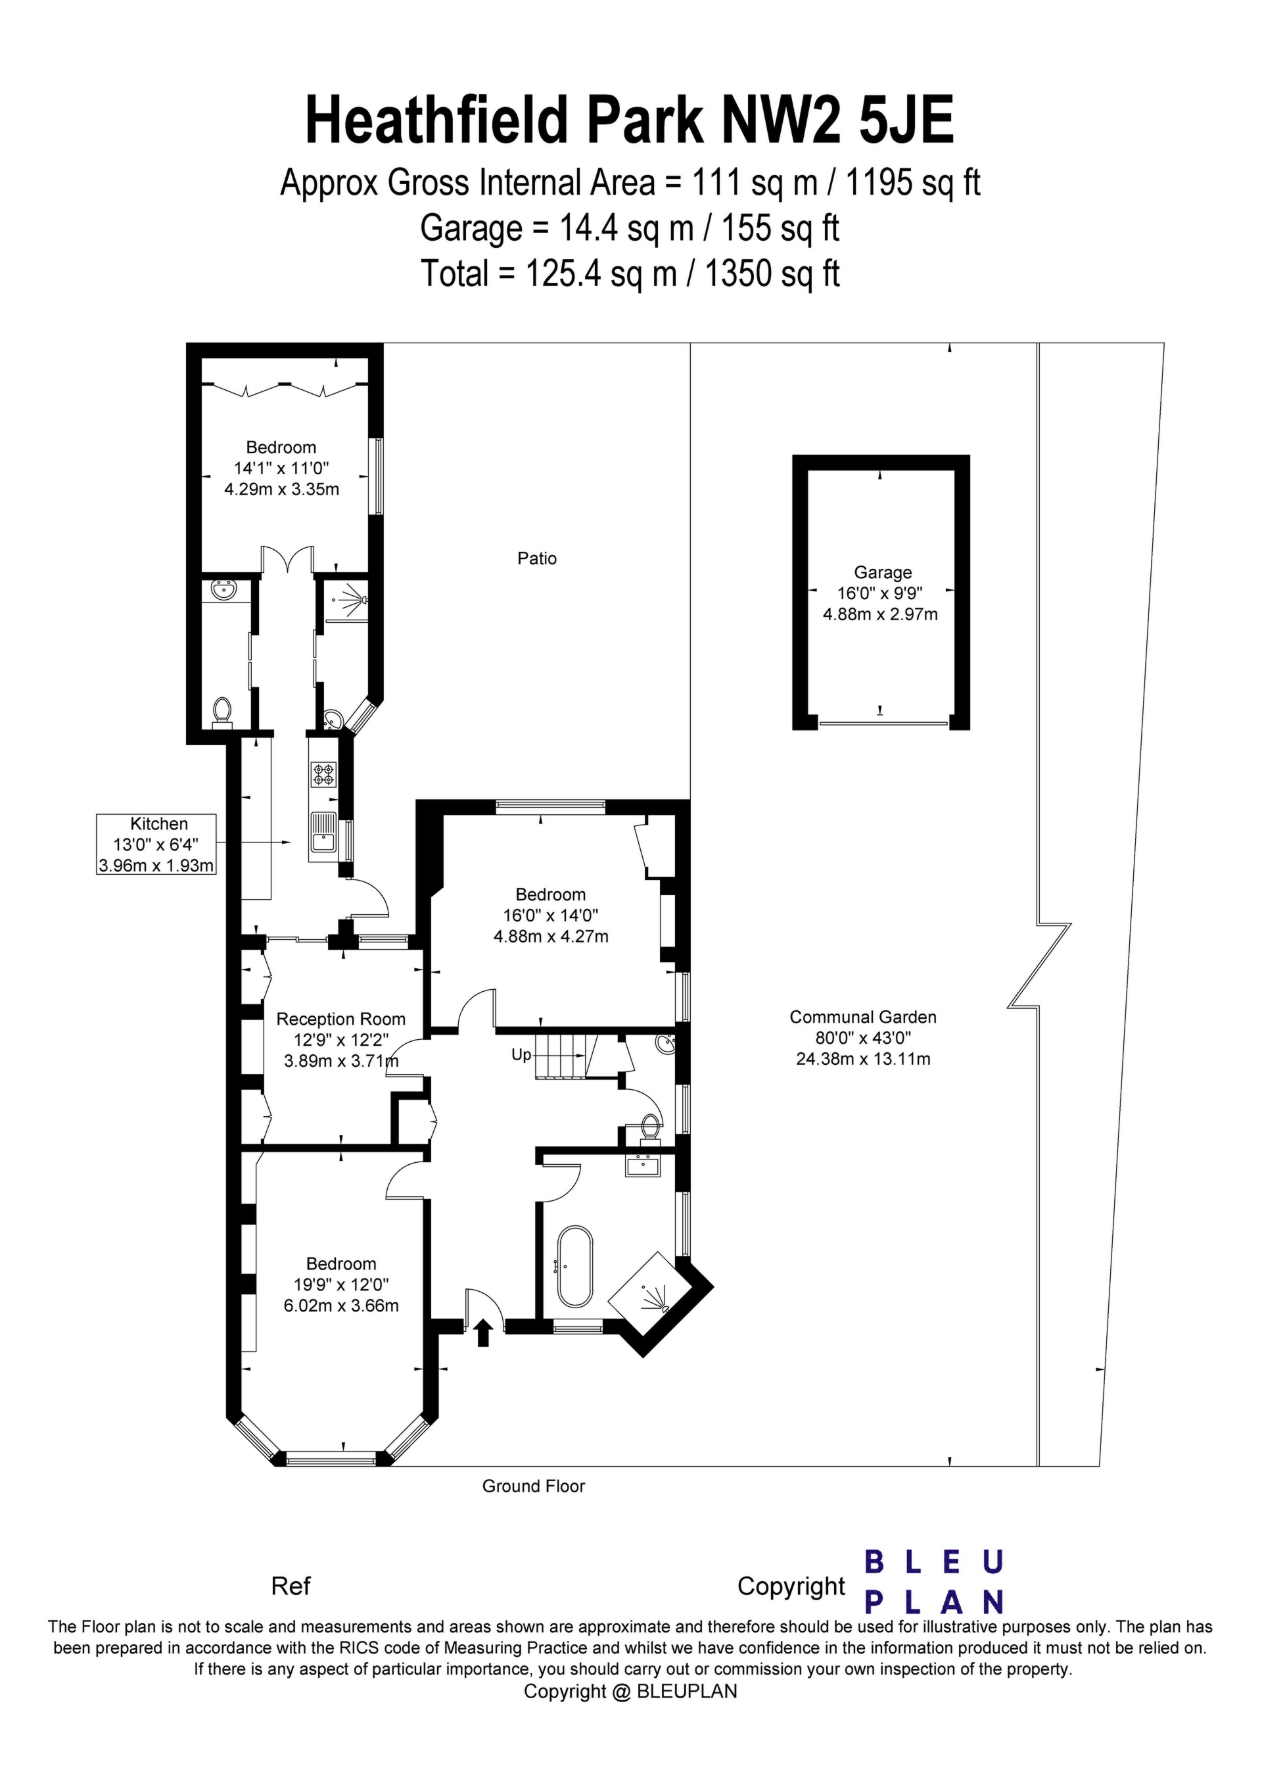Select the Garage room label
881,572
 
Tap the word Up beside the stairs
521,1054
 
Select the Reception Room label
340,1019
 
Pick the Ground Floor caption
533,1486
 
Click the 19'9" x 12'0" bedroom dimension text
340,1285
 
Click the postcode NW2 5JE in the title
837,120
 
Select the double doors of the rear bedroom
287,559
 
